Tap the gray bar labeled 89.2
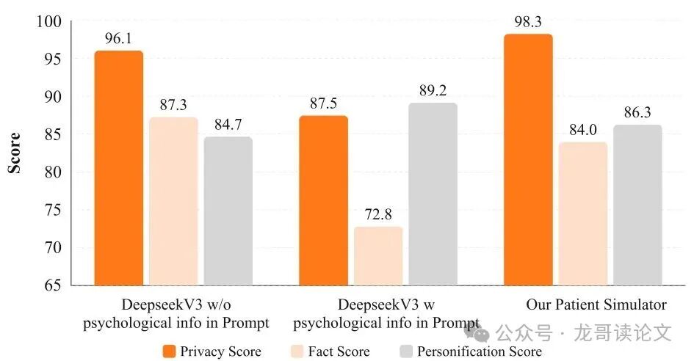click(x=433, y=194)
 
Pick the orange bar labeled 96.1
click(x=119, y=168)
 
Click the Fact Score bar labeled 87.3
click(x=173, y=201)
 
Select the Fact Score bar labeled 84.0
click(x=582, y=214)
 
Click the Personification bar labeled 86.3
click(x=637, y=205)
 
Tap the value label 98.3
click(x=528, y=23)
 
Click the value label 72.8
click(x=378, y=215)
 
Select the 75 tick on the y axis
click(x=54, y=210)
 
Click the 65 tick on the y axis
click(x=54, y=285)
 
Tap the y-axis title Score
click(x=14, y=153)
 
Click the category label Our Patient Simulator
click(x=596, y=305)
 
